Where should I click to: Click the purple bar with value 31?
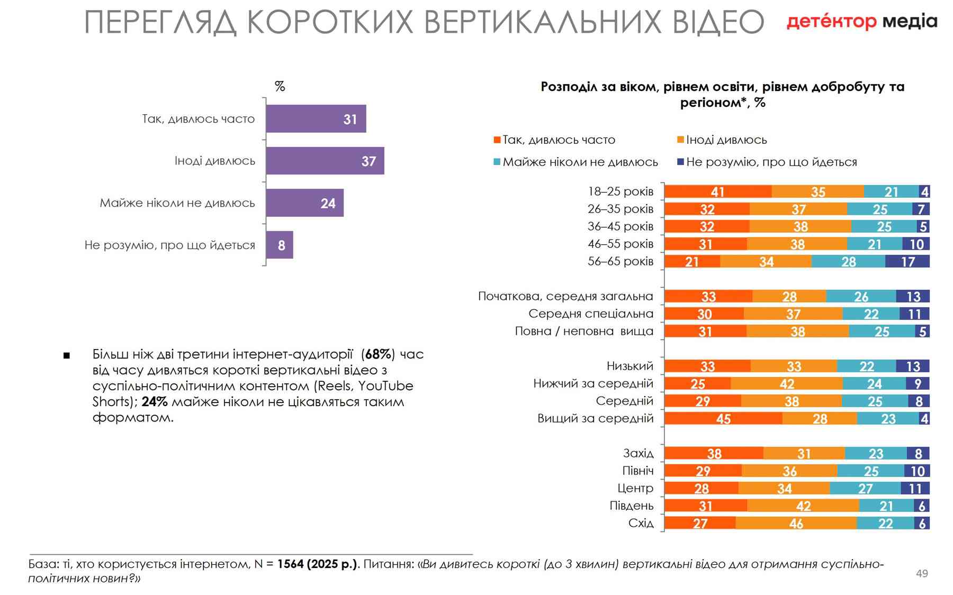[x=316, y=119]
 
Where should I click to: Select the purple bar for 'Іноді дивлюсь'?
[x=325, y=161]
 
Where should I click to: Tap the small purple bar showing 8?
[x=280, y=245]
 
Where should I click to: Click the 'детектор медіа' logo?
[x=861, y=22]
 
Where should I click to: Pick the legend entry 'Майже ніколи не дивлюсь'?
[x=580, y=162]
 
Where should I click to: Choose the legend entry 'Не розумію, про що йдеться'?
[x=771, y=162]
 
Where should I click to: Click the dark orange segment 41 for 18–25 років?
[x=718, y=191]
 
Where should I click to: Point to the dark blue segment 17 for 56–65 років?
[x=907, y=261]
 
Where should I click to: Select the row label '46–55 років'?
[x=620, y=244]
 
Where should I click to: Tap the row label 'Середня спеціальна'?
[x=591, y=314]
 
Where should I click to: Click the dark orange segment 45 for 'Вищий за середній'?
[x=723, y=419]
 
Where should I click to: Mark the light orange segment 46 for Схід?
[x=796, y=524]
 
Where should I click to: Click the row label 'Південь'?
[x=632, y=506]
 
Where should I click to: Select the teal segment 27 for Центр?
[x=865, y=489]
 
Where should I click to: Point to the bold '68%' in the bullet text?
[x=378, y=354]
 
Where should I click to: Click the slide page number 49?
[x=922, y=574]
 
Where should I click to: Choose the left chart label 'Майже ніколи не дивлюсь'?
[x=177, y=203]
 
